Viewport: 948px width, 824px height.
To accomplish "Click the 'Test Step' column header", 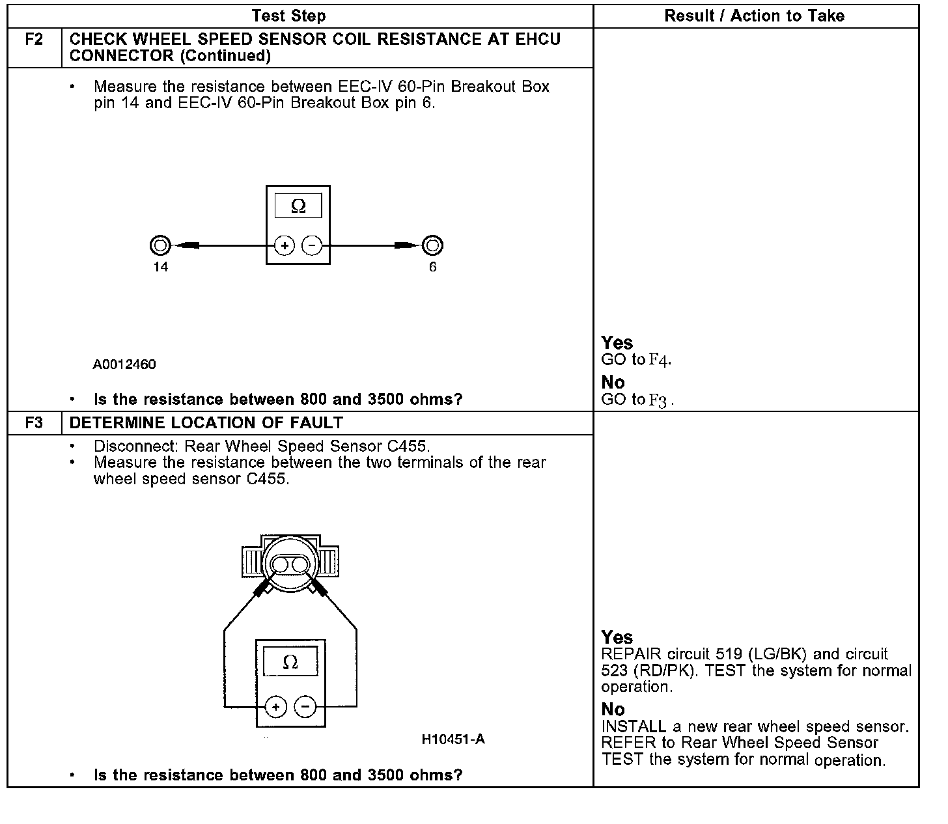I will pos(288,16).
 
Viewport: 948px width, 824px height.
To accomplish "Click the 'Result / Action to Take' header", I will pos(755,16).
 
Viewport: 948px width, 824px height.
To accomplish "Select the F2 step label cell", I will pos(34,40).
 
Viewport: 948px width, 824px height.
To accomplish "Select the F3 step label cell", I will pos(34,423).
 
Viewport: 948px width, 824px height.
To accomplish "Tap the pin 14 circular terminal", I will pos(160,246).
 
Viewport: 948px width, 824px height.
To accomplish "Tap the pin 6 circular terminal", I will pos(432,246).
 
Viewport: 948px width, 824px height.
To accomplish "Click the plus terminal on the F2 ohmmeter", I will pos(285,246).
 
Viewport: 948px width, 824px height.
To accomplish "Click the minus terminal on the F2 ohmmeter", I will pos(313,246).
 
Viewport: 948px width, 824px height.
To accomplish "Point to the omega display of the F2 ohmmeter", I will pos(298,206).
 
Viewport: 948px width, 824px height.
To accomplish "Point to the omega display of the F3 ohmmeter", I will pos(290,662).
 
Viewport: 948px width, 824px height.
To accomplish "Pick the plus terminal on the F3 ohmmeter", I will pos(276,707).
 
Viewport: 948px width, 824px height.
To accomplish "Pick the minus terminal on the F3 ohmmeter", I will pos(305,707).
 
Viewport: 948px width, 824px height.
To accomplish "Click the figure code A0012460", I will pos(124,364).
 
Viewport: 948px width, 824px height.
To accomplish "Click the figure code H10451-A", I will pos(453,739).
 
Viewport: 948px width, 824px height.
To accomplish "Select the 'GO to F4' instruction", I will pos(636,360).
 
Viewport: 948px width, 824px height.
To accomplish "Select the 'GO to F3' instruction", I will pos(637,400).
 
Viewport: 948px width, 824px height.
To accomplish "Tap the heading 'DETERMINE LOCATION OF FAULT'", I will pos(206,423).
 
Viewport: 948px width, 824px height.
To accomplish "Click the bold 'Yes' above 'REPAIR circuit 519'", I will pos(617,637).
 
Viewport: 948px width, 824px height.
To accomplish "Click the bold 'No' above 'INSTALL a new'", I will pos(613,709).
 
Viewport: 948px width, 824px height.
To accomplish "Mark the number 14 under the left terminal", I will pos(160,267).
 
